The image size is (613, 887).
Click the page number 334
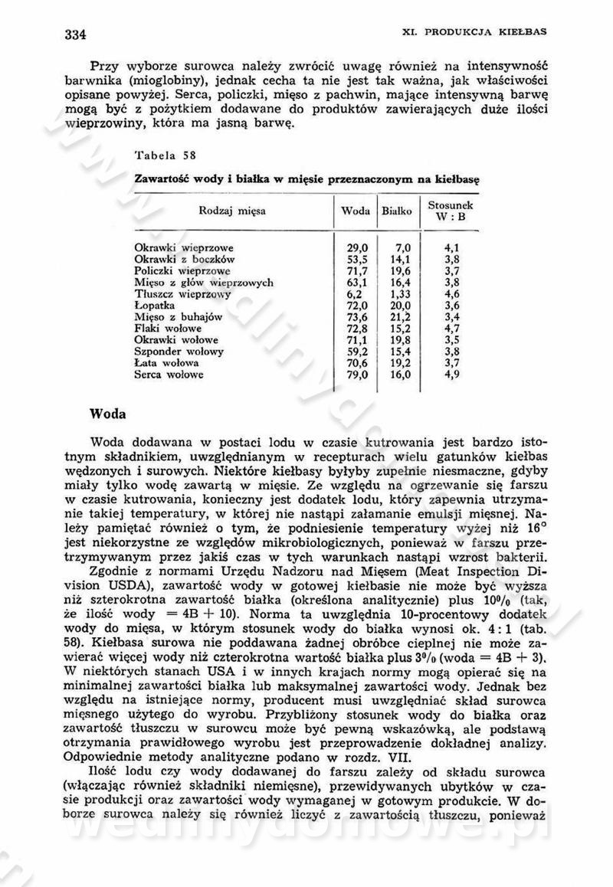point(74,34)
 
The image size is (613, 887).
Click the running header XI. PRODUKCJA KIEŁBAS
point(496,32)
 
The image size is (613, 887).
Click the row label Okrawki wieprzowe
point(184,248)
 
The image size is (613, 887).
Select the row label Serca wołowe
point(169,375)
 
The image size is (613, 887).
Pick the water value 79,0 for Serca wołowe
point(358,375)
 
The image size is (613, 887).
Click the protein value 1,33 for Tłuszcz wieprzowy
point(401,293)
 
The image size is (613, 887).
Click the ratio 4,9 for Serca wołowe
point(451,375)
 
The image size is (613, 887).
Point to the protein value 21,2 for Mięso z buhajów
point(401,316)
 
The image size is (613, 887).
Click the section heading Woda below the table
point(109,414)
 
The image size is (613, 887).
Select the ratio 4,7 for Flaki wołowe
point(451,328)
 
